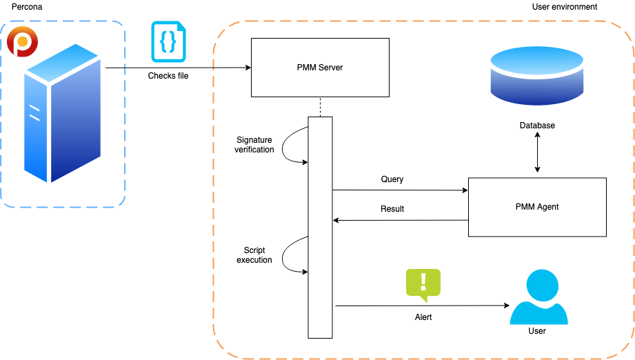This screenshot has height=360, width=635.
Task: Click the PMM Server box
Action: click(319, 68)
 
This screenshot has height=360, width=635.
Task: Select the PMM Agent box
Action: click(537, 207)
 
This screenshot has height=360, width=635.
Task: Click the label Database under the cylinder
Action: click(537, 126)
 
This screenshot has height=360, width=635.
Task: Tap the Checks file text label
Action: click(168, 76)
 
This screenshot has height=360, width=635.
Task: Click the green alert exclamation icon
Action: click(423, 283)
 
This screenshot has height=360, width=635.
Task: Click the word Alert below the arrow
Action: click(423, 317)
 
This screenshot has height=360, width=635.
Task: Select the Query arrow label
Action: click(392, 179)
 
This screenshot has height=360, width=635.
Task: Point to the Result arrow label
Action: click(392, 209)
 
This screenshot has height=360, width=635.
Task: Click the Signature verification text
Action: click(254, 145)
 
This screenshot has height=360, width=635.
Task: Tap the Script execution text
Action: click(254, 255)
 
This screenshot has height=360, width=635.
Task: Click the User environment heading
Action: click(564, 7)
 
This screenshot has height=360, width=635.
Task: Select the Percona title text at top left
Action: click(28, 7)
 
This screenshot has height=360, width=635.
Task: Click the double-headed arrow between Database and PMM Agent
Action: click(537, 154)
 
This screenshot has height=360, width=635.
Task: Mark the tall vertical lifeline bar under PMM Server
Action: click(320, 228)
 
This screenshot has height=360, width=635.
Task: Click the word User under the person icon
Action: click(536, 331)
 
